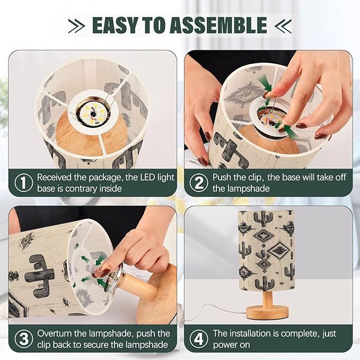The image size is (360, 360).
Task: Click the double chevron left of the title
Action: (77, 25)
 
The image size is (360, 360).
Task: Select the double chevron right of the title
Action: (283, 25)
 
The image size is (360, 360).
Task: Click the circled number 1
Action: (24, 182)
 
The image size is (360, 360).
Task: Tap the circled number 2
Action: (199, 182)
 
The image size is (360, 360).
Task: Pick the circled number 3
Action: (24, 339)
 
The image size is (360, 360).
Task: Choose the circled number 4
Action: (199, 339)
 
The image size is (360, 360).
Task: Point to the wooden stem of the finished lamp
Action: (267, 298)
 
